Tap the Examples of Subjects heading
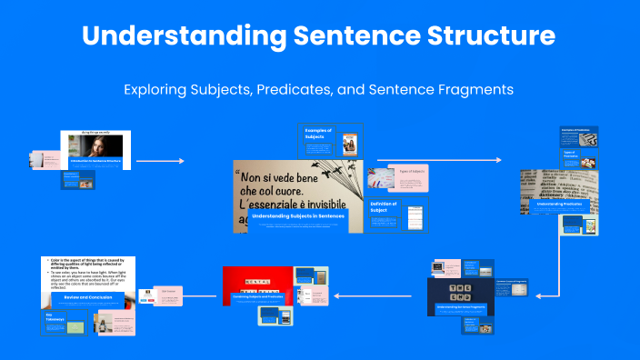point(319,133)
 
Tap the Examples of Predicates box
point(578,135)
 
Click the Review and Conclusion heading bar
point(88,296)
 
